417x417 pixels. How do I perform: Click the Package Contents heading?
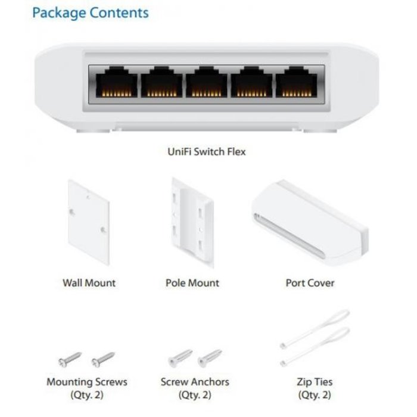(91, 12)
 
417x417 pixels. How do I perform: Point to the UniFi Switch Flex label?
(206, 151)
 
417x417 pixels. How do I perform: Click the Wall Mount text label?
(89, 283)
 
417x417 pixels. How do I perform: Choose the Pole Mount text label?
(192, 283)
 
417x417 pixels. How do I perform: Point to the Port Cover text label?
(310, 283)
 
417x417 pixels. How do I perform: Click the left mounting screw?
(70, 359)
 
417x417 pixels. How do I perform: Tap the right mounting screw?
(102, 359)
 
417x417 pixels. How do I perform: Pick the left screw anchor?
(179, 359)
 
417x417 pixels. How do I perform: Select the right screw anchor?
(209, 358)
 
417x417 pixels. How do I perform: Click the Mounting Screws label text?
(86, 382)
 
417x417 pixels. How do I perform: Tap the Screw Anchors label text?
(195, 382)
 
